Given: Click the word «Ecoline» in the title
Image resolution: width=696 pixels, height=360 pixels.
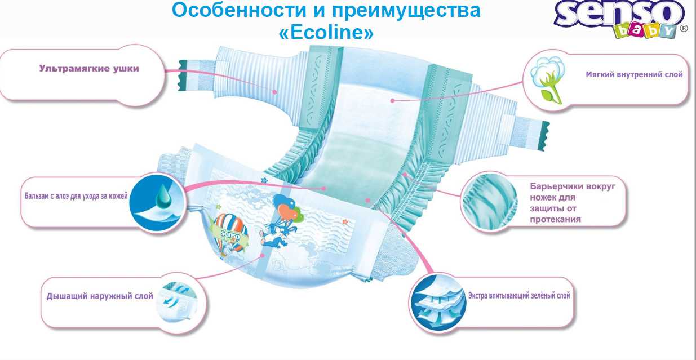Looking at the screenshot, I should (326, 32).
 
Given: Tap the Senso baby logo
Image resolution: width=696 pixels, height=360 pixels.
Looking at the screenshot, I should (620, 20).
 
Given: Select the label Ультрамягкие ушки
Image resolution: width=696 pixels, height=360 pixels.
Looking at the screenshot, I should (89, 69).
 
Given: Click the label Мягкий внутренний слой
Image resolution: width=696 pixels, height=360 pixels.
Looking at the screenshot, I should (634, 74).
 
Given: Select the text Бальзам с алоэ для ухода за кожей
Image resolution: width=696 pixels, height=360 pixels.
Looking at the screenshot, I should (76, 196).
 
